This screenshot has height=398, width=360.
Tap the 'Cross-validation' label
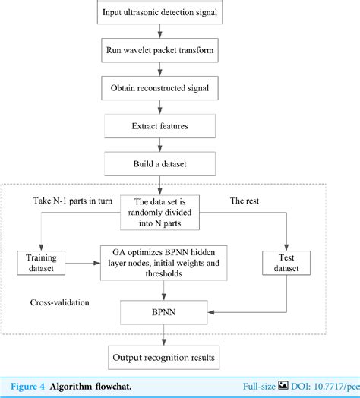point(58,302)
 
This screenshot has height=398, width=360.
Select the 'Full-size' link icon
point(283,385)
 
